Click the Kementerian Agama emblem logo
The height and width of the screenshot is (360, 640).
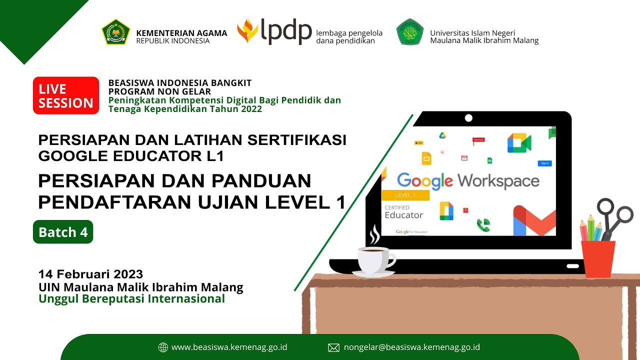(x=116, y=32)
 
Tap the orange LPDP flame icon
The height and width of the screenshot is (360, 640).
(x=247, y=31)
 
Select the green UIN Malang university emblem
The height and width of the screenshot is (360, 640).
(x=410, y=32)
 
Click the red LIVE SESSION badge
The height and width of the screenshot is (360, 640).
(x=66, y=95)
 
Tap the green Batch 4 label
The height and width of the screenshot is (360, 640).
(x=63, y=232)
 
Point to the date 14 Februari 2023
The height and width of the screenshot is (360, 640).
(x=90, y=274)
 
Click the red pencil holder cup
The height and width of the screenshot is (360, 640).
(x=598, y=258)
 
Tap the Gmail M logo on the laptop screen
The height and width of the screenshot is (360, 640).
(x=534, y=221)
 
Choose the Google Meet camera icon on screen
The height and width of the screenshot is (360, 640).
(x=519, y=143)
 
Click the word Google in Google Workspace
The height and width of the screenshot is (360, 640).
(x=424, y=180)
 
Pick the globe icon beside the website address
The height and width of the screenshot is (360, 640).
(x=163, y=347)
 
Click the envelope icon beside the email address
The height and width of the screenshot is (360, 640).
(x=333, y=347)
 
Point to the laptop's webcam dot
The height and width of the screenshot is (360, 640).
(x=468, y=118)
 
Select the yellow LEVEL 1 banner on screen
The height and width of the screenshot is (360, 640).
(x=405, y=195)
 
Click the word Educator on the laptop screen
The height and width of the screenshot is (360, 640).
(x=403, y=215)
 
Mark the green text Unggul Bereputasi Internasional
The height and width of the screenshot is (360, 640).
(x=132, y=299)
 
